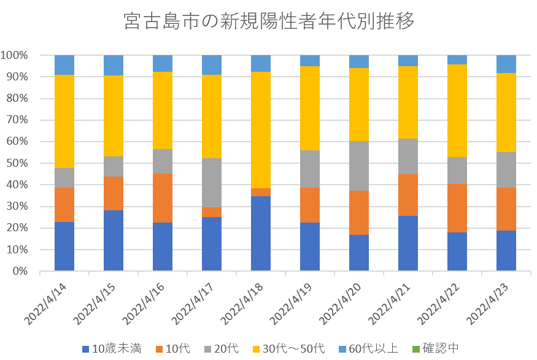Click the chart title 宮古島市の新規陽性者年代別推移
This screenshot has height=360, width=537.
tap(269, 21)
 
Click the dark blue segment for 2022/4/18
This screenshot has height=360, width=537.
tap(261, 234)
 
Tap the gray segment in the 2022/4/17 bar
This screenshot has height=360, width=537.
tap(212, 183)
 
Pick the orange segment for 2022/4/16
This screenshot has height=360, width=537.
tap(163, 198)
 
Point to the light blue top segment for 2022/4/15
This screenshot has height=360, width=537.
tap(114, 65)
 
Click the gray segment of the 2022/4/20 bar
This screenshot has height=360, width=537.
tap(359, 166)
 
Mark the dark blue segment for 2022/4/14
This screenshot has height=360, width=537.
tap(64, 247)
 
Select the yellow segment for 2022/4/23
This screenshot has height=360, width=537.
tap(506, 112)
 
